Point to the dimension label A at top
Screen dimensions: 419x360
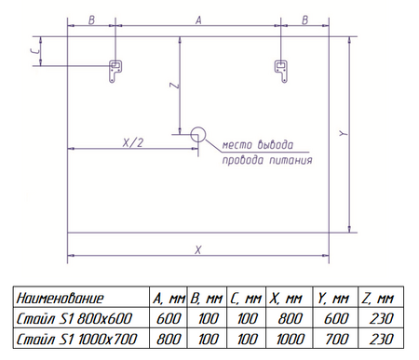pos(198,20)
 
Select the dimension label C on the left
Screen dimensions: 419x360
pos(35,51)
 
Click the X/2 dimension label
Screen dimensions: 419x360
pos(133,142)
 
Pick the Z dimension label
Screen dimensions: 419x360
pos(175,85)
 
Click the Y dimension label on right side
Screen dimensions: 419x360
pos(343,133)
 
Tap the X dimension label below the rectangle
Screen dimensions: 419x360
pos(198,249)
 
